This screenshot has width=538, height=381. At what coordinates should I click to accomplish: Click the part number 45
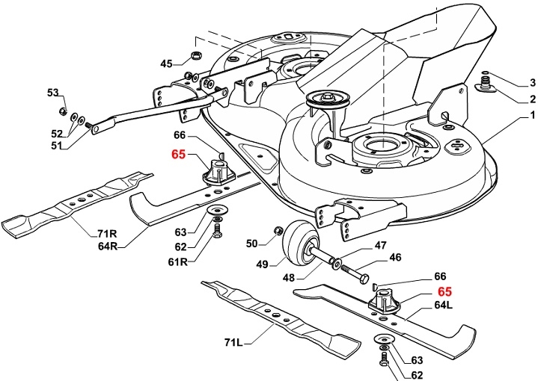point(166,63)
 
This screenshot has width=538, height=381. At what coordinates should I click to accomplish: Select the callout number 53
point(52,93)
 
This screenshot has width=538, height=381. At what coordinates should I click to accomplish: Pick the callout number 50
point(251,244)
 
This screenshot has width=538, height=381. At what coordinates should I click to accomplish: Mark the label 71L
point(234,342)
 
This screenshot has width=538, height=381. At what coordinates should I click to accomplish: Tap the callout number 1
point(532,115)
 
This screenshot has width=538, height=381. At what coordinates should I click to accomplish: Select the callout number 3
point(533,82)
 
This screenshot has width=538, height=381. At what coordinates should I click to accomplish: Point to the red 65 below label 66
point(178,155)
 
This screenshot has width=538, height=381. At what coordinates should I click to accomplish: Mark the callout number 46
point(395,258)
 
